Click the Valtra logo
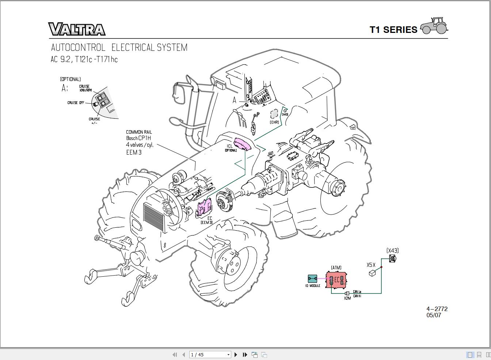[77, 29]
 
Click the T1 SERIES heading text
[393, 30]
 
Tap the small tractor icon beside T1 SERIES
[434, 26]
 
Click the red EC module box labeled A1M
[336, 280]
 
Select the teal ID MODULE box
[313, 279]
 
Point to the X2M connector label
[347, 298]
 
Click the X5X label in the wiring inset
[371, 265]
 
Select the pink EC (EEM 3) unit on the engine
[204, 208]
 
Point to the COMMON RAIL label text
[139, 132]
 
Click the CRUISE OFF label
[76, 103]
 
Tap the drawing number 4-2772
[437, 309]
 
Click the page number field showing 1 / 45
[208, 355]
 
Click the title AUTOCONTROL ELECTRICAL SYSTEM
[119, 48]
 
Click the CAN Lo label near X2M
[357, 292]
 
